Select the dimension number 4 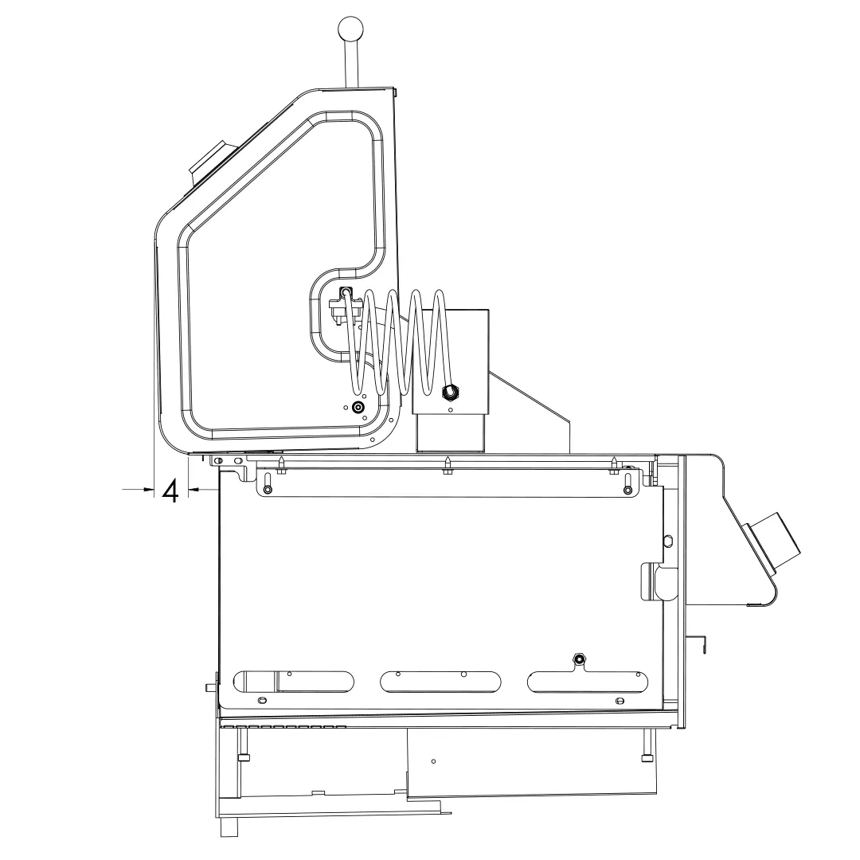point(170,491)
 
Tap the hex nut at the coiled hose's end point(448,392)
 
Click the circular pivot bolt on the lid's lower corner point(358,407)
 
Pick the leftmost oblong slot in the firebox point(292,681)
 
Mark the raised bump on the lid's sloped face point(208,160)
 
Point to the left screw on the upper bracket point(268,488)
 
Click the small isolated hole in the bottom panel point(432,761)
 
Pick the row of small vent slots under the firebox point(283,727)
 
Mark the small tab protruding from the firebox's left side point(211,686)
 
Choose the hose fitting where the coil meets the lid point(346,295)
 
